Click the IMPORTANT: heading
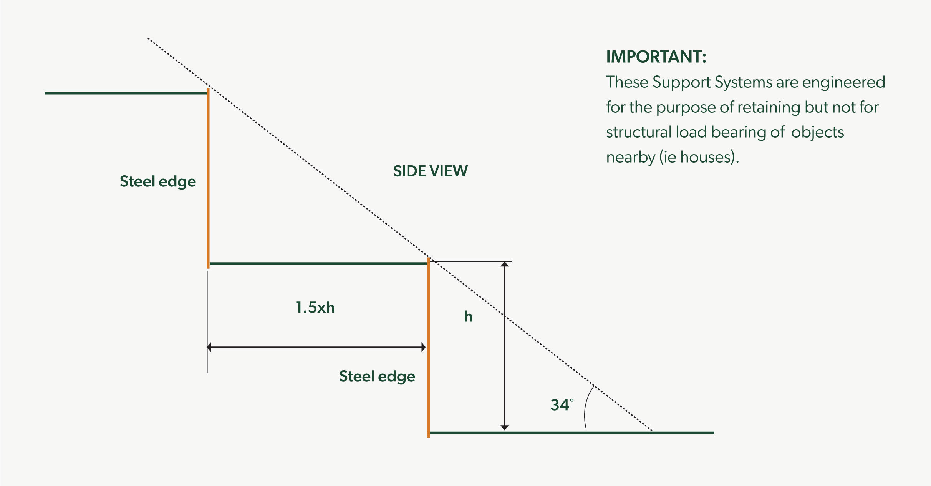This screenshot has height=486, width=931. pyautogui.click(x=656, y=57)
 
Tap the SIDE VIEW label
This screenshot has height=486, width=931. pyautogui.click(x=430, y=171)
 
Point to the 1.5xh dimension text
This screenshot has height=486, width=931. pyautogui.click(x=315, y=308)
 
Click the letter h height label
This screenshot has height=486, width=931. pyautogui.click(x=468, y=316)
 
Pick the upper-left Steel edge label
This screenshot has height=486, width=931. pyautogui.click(x=157, y=181)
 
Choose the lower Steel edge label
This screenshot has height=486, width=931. pyautogui.click(x=377, y=376)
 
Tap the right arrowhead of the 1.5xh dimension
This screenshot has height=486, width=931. pyautogui.click(x=423, y=347)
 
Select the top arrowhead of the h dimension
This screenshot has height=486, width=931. pyautogui.click(x=505, y=265)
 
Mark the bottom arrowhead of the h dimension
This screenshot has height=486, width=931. pyautogui.click(x=505, y=427)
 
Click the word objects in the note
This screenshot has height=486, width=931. pyautogui.click(x=817, y=132)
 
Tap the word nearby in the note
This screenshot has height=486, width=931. pyautogui.click(x=631, y=157)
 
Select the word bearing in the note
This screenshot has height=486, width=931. pyautogui.click(x=737, y=132)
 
